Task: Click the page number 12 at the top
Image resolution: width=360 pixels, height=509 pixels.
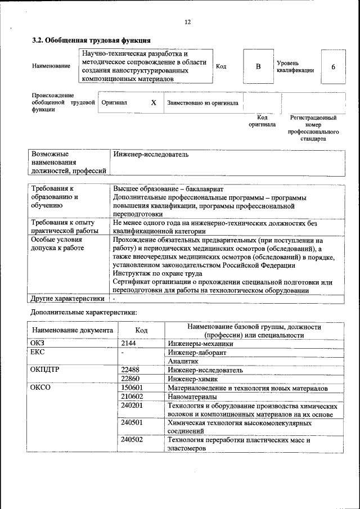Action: (x=187, y=22)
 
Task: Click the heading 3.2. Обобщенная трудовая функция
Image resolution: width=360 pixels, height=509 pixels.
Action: (x=91, y=40)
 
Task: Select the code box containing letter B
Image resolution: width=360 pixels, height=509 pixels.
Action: (x=258, y=67)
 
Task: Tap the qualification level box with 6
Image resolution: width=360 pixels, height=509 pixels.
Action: (x=333, y=67)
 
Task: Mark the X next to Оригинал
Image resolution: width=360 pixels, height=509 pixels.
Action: (x=153, y=103)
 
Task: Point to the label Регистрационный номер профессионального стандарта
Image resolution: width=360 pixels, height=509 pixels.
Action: (x=313, y=128)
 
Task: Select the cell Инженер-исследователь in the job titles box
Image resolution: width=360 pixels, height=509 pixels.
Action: (x=151, y=154)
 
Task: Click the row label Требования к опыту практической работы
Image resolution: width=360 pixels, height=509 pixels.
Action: (x=65, y=226)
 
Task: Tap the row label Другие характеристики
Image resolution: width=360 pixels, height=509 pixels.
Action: (x=67, y=299)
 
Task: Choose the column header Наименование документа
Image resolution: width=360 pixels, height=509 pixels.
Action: (x=73, y=331)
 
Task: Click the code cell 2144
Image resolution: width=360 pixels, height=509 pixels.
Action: (x=129, y=343)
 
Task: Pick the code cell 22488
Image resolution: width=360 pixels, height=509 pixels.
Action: (x=130, y=370)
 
